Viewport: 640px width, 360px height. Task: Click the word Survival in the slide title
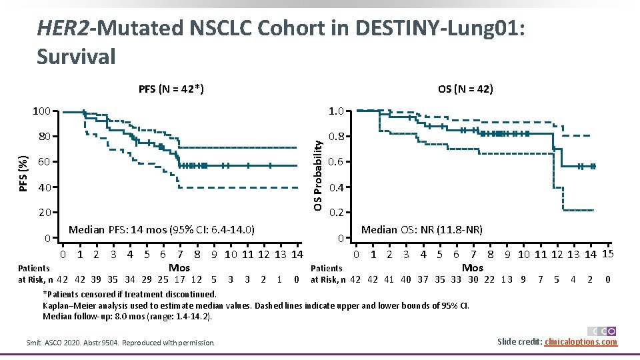76,57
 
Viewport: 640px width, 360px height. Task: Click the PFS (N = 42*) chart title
171,89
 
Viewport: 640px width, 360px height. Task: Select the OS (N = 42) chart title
465,89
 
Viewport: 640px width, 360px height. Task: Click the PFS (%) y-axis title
24,173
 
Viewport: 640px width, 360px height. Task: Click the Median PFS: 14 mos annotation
162,231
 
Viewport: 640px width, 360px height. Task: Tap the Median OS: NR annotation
421,231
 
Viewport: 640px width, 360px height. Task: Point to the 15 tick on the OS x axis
607,253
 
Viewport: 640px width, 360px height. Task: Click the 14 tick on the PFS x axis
297,254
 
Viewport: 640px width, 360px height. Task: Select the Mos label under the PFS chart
179,267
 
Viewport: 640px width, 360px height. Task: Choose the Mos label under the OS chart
473,267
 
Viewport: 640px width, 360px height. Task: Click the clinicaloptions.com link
581,342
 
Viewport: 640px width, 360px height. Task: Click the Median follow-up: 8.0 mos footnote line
127,316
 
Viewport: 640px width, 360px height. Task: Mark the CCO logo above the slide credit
602,331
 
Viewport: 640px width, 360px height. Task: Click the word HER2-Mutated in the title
111,28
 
